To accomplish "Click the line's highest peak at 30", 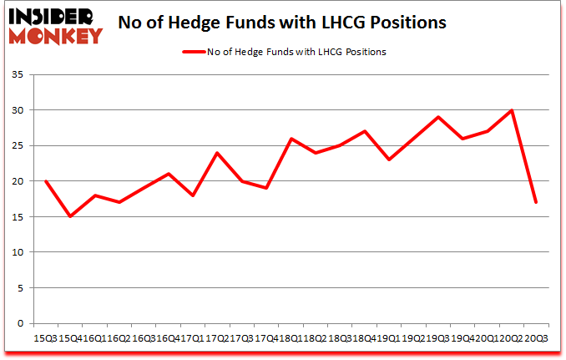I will [511, 110].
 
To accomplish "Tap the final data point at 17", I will [535, 202].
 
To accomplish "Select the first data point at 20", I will [46, 181].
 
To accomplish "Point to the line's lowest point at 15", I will [70, 216].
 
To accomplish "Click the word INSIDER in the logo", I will [55, 15].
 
